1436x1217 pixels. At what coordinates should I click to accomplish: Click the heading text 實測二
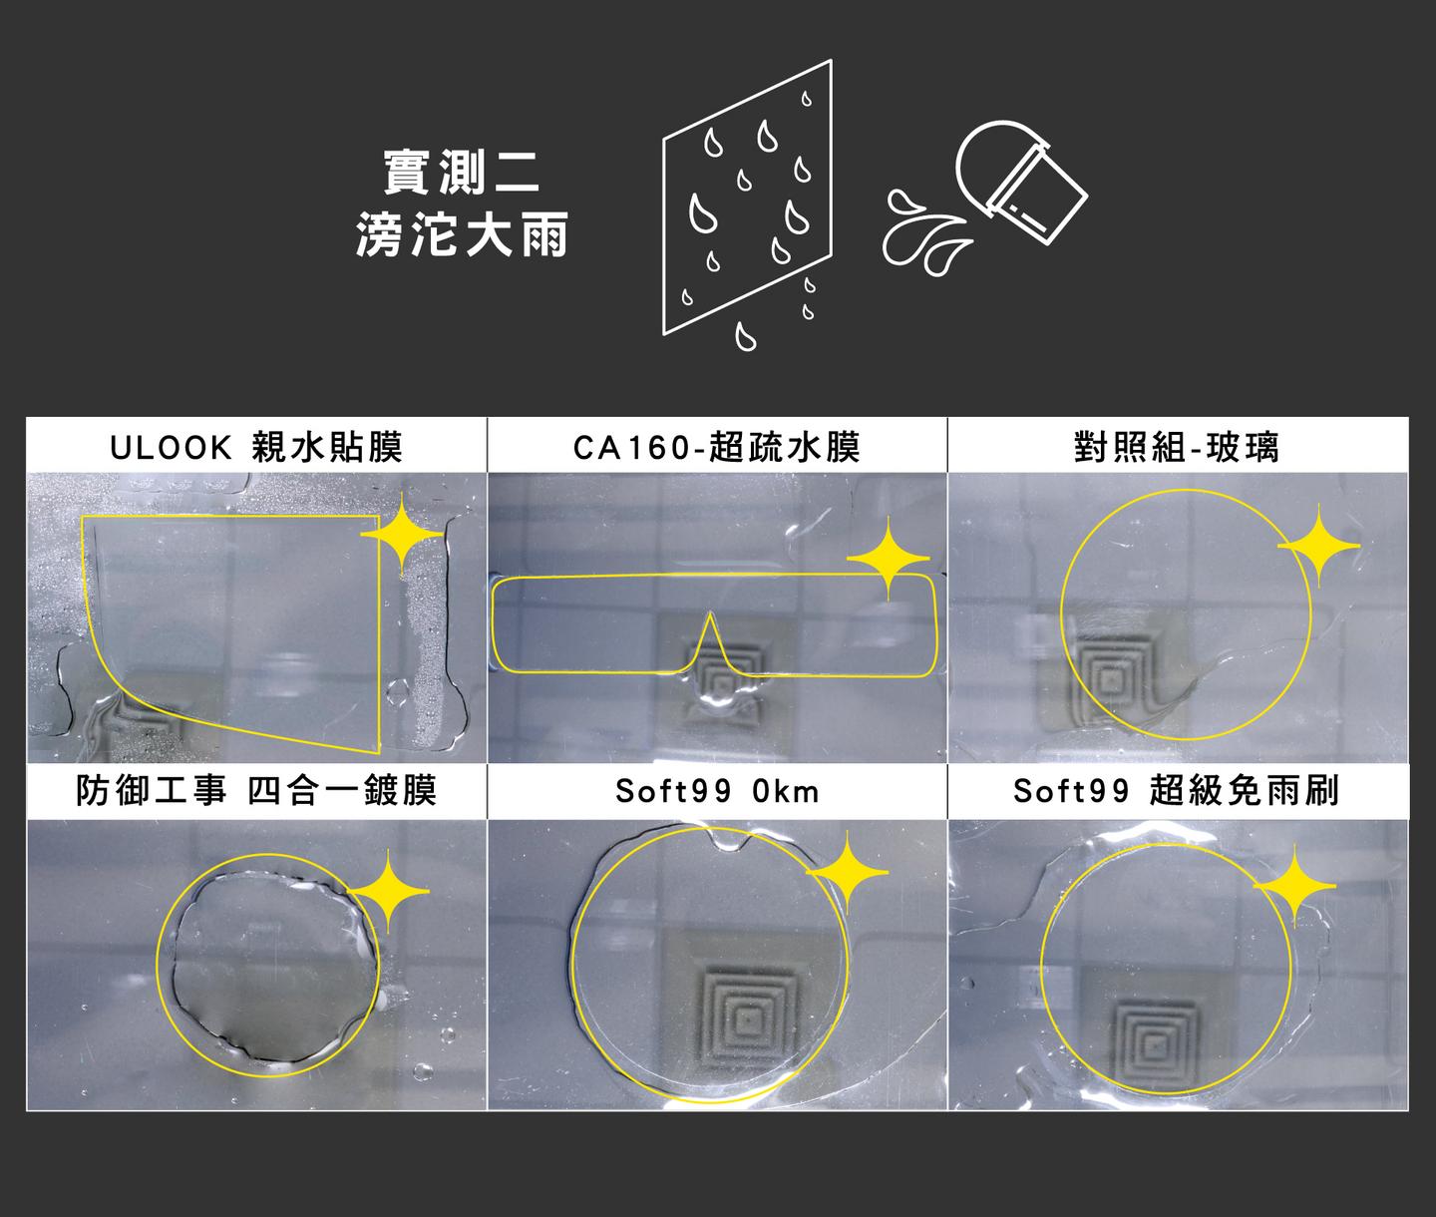pos(462,173)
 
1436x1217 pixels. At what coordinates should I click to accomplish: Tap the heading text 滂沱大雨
pos(462,234)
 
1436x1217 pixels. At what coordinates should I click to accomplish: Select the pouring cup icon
pos(1021,181)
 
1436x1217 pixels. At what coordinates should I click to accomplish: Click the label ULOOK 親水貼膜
pos(256,447)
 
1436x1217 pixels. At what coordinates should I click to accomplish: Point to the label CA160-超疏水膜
pos(716,447)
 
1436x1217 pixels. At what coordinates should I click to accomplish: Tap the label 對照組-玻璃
pos(1176,447)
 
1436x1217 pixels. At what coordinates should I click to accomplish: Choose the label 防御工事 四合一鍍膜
pos(256,791)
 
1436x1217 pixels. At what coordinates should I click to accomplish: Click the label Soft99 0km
pos(717,792)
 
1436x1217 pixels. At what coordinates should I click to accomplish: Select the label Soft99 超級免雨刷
pos(1176,791)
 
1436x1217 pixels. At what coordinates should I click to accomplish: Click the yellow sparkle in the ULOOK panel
pos(402,535)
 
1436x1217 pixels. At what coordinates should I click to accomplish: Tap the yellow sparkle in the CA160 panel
pos(888,558)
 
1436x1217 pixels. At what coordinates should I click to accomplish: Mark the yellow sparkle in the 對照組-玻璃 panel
pos(1318,547)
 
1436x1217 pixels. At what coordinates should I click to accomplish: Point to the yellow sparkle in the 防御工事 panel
pos(388,891)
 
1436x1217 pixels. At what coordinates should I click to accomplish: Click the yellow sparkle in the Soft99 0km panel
pos(847,872)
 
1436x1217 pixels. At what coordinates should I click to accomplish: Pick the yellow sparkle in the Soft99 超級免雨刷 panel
pos(1294,886)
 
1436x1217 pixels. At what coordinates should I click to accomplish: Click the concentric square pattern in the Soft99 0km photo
pos(747,1019)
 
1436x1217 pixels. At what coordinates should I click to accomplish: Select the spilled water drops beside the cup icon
pos(925,232)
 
